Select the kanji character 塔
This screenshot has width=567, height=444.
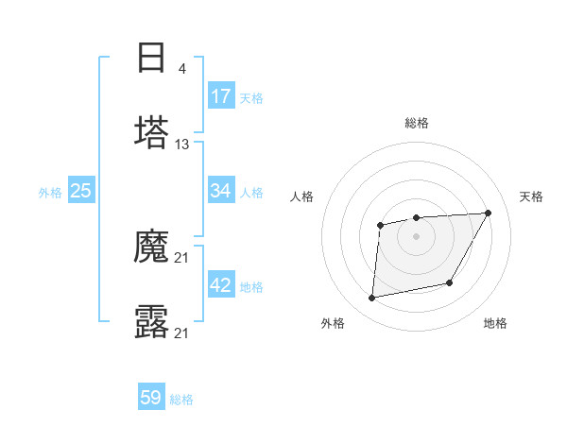pos(151,132)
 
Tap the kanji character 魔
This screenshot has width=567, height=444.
pos(151,248)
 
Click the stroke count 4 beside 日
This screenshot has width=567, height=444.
pos(181,68)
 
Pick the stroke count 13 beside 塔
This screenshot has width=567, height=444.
pos(182,145)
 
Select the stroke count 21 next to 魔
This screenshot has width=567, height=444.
pos(182,259)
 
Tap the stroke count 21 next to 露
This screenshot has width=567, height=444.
pos(182,333)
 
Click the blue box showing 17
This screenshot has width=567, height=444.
pos(221,96)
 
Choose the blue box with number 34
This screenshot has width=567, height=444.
pos(221,191)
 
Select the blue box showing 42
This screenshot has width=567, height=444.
pos(221,286)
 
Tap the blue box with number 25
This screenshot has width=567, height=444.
pos(81,191)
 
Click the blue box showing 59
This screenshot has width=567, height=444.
pos(151,398)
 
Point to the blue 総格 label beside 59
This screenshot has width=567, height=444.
pos(181,400)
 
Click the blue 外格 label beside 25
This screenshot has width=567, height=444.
pos(50,193)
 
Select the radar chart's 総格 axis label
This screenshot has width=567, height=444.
pos(416,123)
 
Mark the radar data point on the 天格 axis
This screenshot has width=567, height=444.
pos(488,213)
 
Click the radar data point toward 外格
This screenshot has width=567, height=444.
pos(372,299)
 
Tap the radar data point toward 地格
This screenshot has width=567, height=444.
pos(451,282)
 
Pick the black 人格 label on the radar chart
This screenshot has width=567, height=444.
pos(301,196)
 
